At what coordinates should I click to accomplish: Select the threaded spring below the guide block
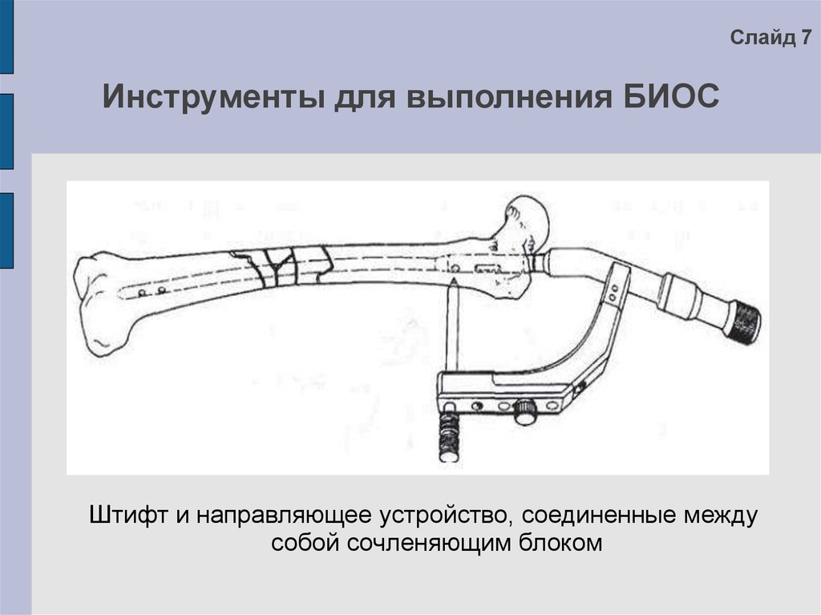point(447,435)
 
